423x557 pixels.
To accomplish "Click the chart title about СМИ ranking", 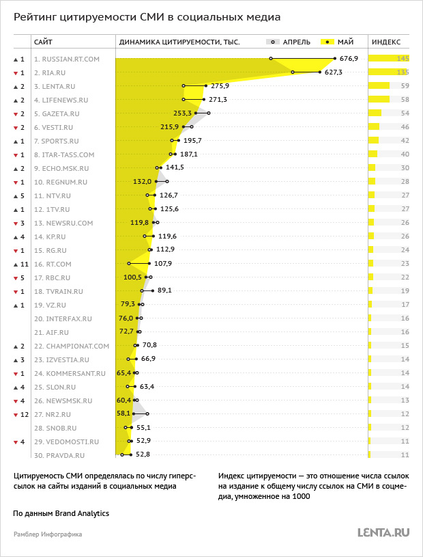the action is click(x=147, y=17).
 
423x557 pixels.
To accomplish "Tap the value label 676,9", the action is click(x=349, y=58).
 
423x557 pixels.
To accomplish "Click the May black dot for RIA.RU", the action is click(x=320, y=72).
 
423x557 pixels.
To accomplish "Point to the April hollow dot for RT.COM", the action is click(x=129, y=264).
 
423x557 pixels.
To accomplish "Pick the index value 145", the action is click(x=403, y=59).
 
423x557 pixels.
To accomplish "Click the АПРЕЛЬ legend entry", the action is click(x=289, y=42).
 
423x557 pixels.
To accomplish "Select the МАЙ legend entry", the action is click(x=337, y=42).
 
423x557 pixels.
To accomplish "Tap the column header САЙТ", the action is click(x=43, y=42).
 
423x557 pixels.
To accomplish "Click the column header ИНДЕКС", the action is click(x=386, y=42).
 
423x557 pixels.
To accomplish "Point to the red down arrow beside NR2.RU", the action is click(x=15, y=415).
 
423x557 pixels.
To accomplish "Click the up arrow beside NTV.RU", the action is click(x=15, y=195).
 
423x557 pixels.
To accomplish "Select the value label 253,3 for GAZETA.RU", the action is click(x=183, y=113).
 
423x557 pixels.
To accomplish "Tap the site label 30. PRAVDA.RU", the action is click(x=59, y=455).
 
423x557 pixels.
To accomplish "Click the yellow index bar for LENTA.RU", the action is click(x=379, y=85).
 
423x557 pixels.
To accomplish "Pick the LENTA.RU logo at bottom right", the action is click(x=383, y=532).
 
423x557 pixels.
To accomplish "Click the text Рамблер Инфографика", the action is click(x=48, y=534).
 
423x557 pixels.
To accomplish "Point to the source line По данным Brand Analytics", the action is click(x=61, y=513).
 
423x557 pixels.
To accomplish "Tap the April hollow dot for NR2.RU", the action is click(x=147, y=413).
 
